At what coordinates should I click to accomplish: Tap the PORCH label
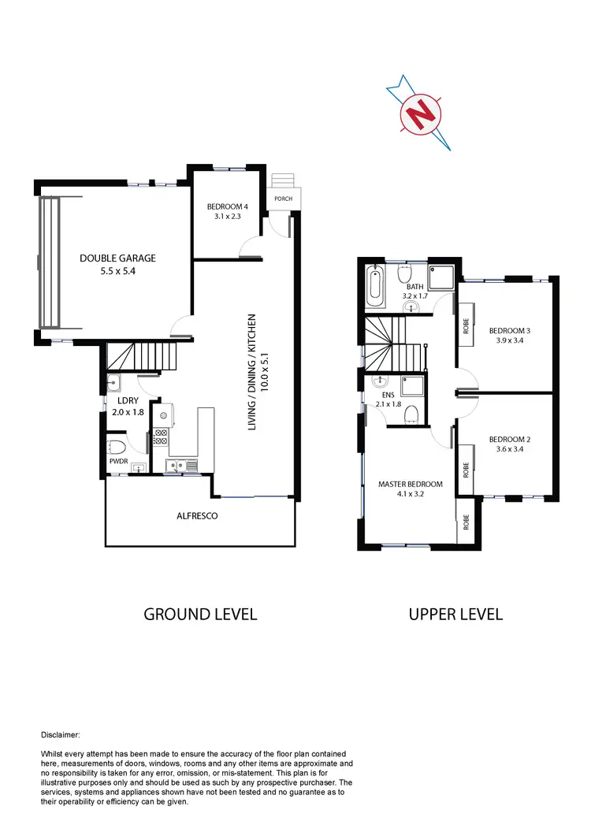283,199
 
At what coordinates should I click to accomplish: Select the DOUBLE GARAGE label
117,258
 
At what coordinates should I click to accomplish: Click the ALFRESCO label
197,516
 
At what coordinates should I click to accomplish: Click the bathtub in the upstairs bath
375,287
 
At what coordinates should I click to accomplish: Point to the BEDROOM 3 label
511,330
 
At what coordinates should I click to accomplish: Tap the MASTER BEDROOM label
410,484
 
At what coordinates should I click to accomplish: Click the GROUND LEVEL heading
200,614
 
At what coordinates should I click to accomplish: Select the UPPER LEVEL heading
455,614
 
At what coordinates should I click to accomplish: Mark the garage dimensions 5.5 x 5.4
117,272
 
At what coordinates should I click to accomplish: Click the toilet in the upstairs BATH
403,276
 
